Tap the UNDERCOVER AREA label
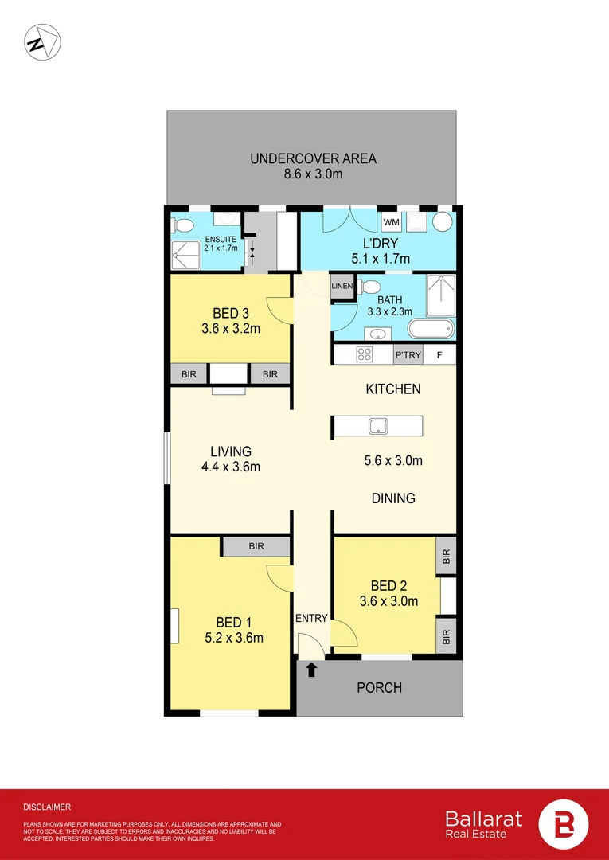313,158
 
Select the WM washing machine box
391,221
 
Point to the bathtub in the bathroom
431,329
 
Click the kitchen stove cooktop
366,355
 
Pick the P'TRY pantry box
408,355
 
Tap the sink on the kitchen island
377,427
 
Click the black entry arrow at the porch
311,670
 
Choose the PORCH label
379,687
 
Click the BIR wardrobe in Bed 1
256,547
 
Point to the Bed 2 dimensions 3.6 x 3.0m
389,601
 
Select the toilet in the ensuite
181,225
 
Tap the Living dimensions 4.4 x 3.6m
231,467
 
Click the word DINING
393,498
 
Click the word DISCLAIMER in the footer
47,807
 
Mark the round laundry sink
442,221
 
